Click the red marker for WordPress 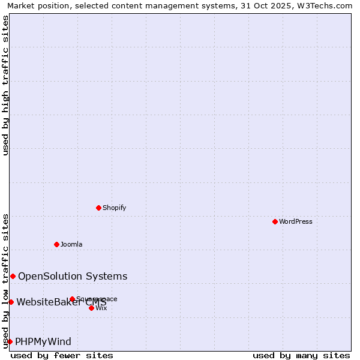click(x=275, y=221)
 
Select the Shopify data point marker click(x=98, y=208)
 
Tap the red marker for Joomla click(x=56, y=244)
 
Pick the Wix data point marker click(x=91, y=308)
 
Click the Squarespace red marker click(x=72, y=299)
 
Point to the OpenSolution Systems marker click(x=13, y=276)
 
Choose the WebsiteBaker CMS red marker click(x=11, y=302)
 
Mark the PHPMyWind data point click(x=10, y=341)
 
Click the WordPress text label click(x=296, y=221)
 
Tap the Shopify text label click(x=115, y=208)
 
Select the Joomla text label click(x=71, y=244)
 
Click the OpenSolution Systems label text click(x=73, y=276)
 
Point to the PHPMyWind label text click(x=43, y=341)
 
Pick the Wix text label click(x=101, y=308)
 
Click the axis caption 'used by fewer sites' click(x=62, y=355)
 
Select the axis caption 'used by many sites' click(x=301, y=355)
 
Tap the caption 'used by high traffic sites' click(x=5, y=85)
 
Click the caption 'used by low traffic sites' click(x=5, y=280)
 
